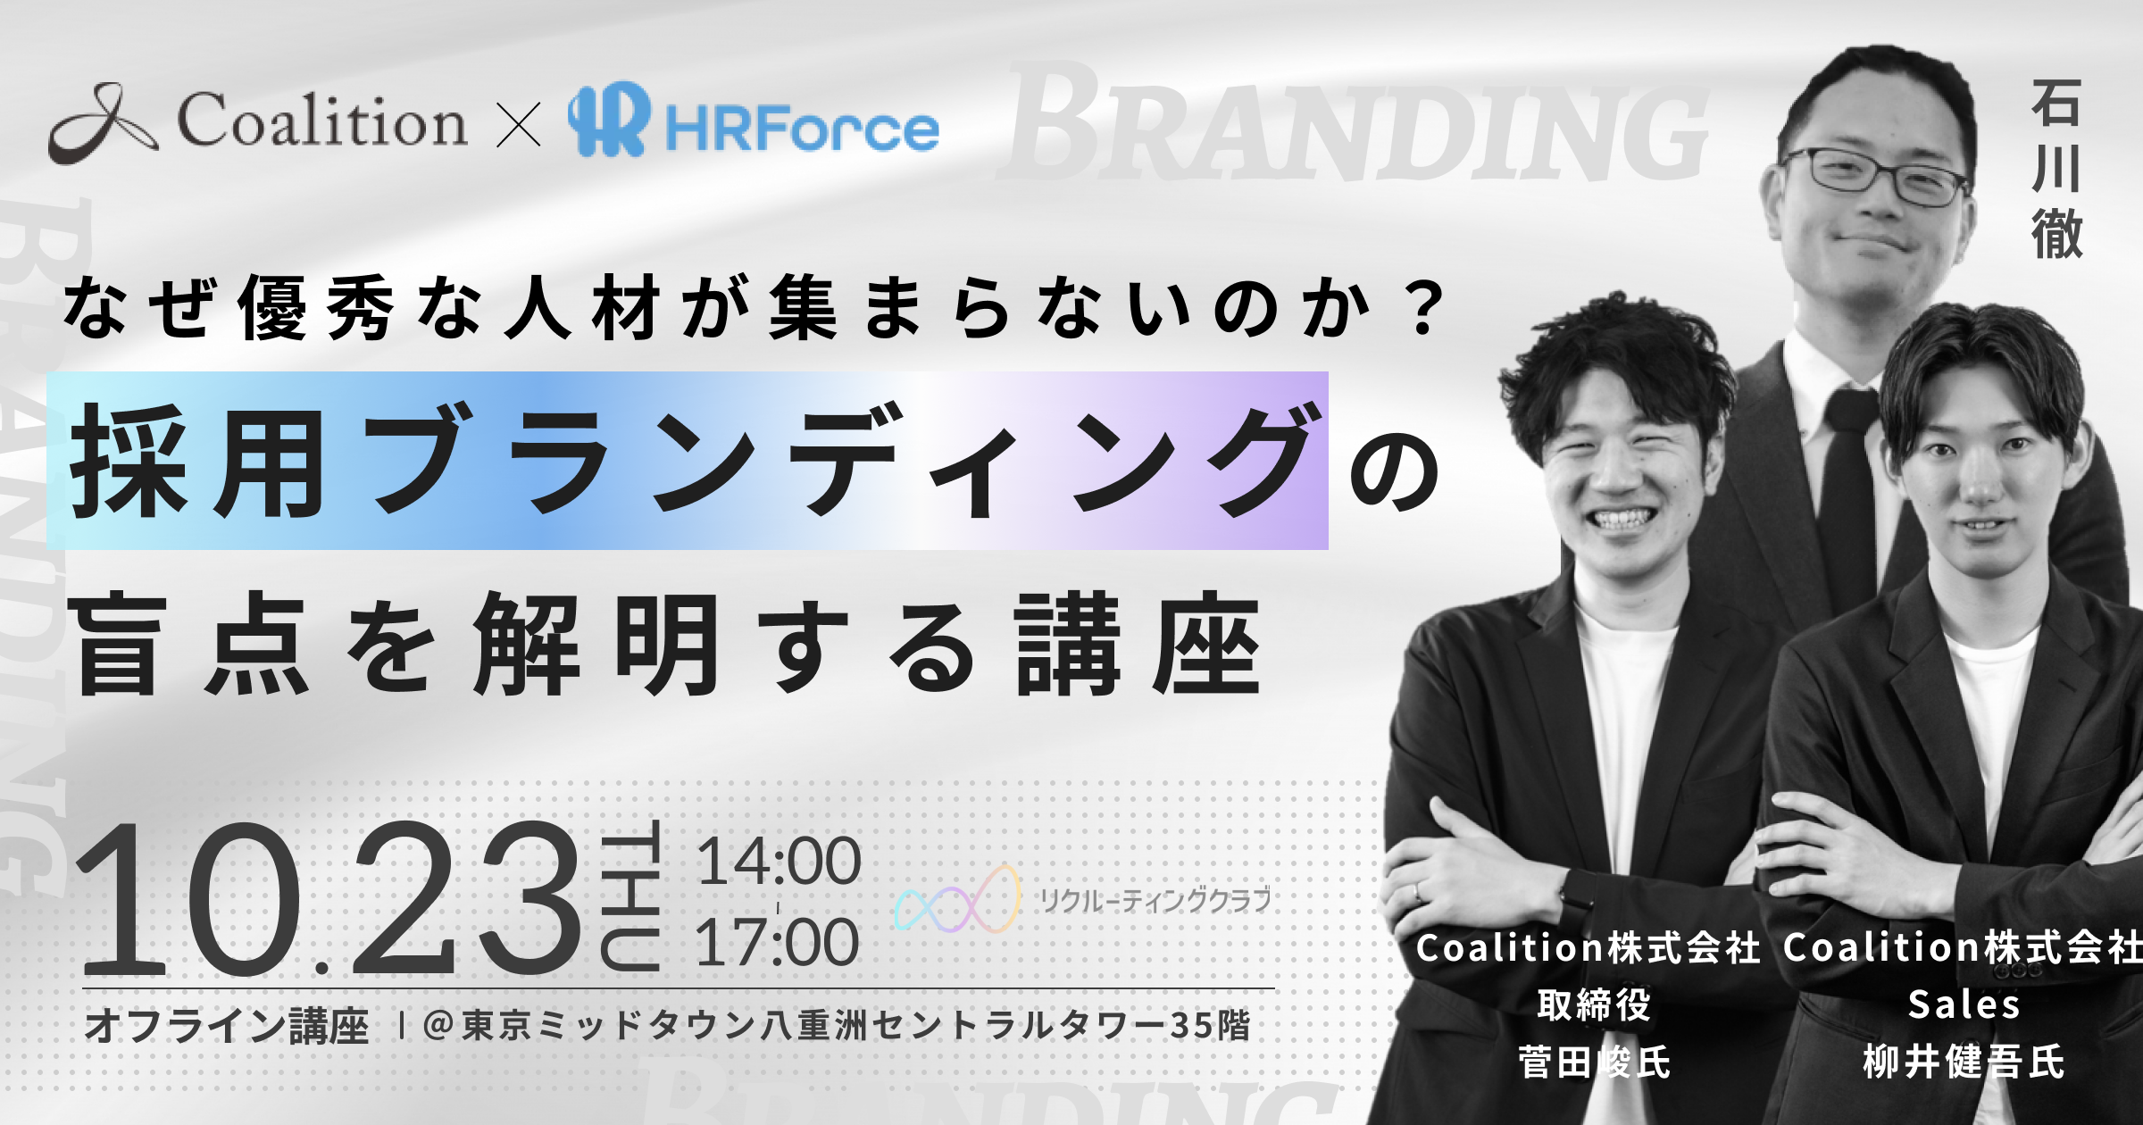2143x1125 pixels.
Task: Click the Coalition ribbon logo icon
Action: [x=104, y=124]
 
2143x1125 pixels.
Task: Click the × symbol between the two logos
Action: [x=518, y=125]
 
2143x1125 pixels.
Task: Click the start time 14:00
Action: [x=779, y=862]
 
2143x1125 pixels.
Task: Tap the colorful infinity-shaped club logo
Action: [x=957, y=900]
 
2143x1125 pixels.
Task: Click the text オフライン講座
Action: [x=227, y=1026]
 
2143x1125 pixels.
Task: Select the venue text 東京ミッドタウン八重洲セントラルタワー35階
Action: [x=855, y=1026]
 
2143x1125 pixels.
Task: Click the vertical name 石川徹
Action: [x=2057, y=169]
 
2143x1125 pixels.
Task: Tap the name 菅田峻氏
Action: [x=1594, y=1062]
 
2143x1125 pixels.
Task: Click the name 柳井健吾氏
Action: [x=1964, y=1062]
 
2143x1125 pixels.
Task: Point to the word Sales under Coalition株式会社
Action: [x=1964, y=1005]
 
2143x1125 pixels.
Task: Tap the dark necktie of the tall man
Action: [x=1851, y=482]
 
